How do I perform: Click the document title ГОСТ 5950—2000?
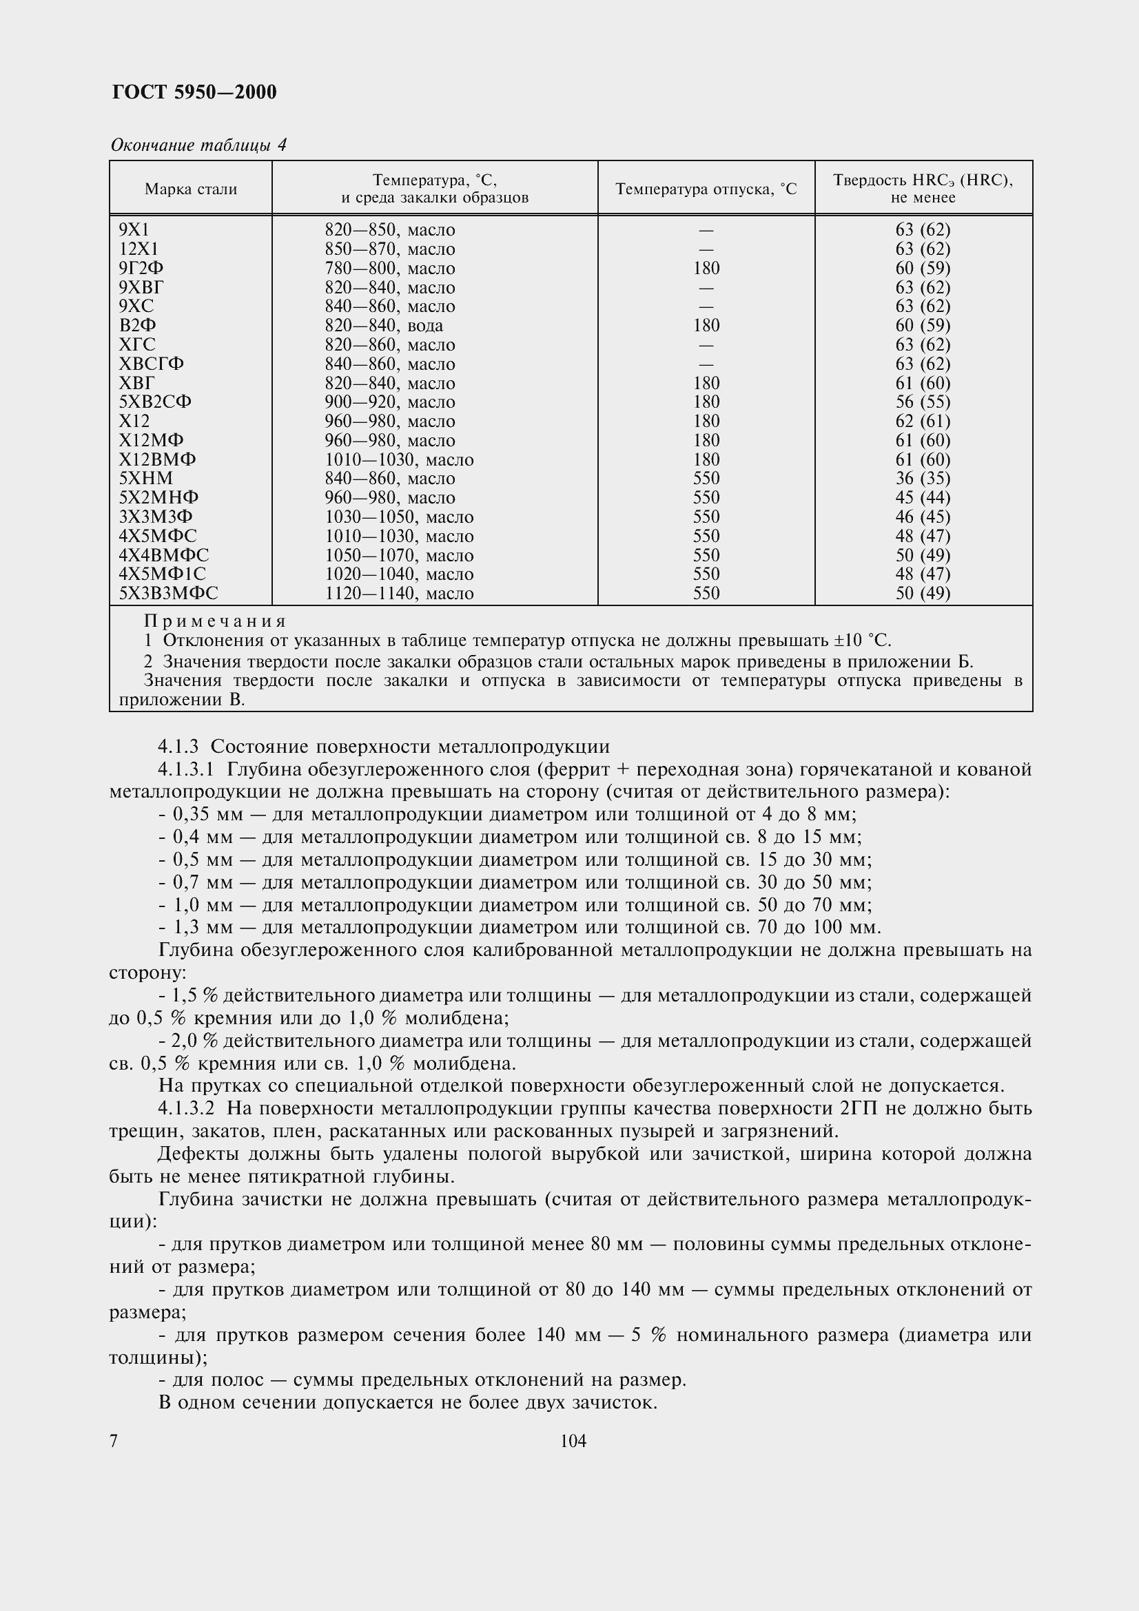[x=194, y=92]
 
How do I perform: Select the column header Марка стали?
[x=191, y=189]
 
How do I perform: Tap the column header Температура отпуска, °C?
[x=706, y=189]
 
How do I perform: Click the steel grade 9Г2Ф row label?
[x=141, y=268]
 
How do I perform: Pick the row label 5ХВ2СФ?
[x=155, y=402]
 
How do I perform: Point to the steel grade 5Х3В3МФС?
[x=168, y=594]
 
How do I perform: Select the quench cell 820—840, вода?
[x=383, y=326]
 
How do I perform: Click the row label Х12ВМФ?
[x=157, y=459]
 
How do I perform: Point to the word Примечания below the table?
[x=215, y=621]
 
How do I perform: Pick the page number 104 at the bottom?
[x=573, y=1441]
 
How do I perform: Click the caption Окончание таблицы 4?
[x=198, y=145]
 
